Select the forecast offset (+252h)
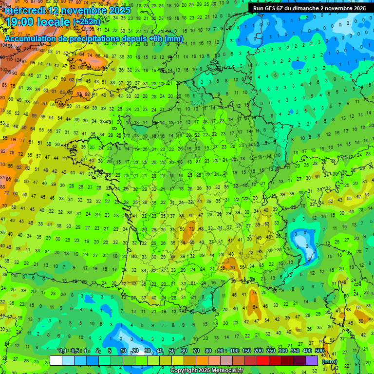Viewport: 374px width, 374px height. pyautogui.click(x=87, y=22)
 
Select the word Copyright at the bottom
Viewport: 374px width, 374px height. pyautogui.click(x=185, y=371)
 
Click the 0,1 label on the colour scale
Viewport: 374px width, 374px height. pyautogui.click(x=63, y=351)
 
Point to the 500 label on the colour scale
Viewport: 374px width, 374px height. pyautogui.click(x=319, y=351)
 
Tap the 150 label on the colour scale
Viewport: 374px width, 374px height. pyautogui.click(x=246, y=351)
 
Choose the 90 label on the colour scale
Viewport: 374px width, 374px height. pyautogui.click(x=221, y=351)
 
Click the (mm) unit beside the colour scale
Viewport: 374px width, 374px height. pyautogui.click(x=330, y=361)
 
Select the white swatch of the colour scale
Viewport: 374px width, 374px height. pyautogui.click(x=56, y=360)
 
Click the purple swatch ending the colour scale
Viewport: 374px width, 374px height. pyautogui.click(x=312, y=360)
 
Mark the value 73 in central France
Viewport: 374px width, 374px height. pyautogui.click(x=191, y=229)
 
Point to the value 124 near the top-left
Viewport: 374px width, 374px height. pyautogui.click(x=18, y=60)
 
